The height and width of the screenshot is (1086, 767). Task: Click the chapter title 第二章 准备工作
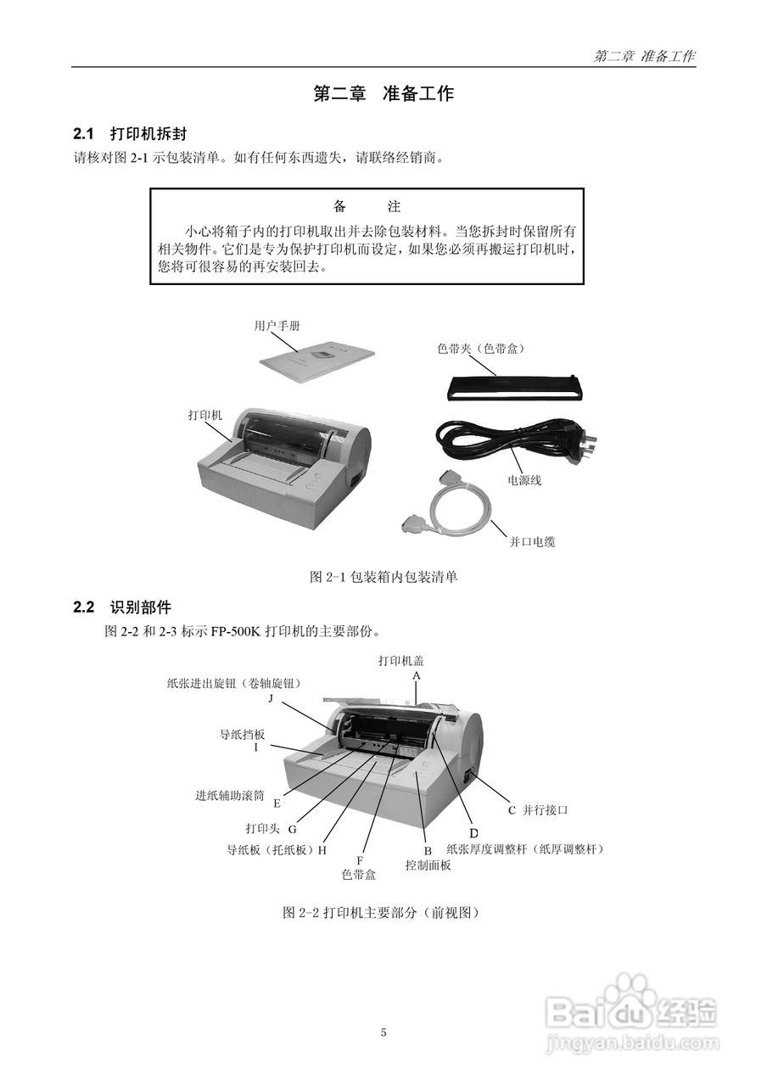point(383,94)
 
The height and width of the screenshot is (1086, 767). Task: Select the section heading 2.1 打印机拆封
point(130,134)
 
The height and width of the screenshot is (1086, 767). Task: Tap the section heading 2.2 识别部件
point(122,607)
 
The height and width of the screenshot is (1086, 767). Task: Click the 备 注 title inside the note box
point(367,207)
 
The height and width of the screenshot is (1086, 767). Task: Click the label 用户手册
point(277,326)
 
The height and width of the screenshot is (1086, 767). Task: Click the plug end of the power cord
point(585,442)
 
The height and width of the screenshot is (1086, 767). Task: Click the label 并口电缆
point(532,541)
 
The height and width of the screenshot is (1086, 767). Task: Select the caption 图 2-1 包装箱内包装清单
point(383,577)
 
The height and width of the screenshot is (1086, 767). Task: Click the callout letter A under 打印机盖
point(417,675)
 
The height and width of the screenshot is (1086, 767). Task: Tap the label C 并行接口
point(538,810)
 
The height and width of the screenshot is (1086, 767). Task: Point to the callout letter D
point(474,832)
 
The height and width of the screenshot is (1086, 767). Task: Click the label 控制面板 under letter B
point(428,865)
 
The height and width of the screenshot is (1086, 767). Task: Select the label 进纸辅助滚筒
point(230,796)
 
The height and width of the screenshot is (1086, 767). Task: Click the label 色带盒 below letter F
point(358,873)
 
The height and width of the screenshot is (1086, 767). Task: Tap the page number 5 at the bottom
point(383,1033)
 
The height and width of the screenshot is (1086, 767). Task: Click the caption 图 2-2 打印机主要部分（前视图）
point(383,913)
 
